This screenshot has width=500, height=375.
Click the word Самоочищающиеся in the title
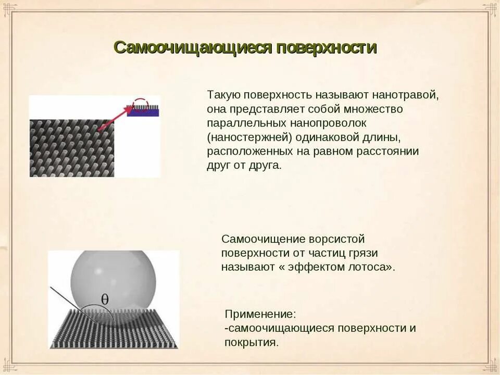pyautogui.click(x=193, y=48)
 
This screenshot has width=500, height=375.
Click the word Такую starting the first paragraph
pyautogui.click(x=223, y=95)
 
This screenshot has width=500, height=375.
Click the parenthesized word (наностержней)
pyautogui.click(x=250, y=137)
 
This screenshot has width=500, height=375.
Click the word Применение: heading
pyautogui.click(x=260, y=314)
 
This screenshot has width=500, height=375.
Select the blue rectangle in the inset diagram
pyautogui.click(x=143, y=112)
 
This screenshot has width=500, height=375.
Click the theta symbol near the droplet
pyautogui.click(x=105, y=299)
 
